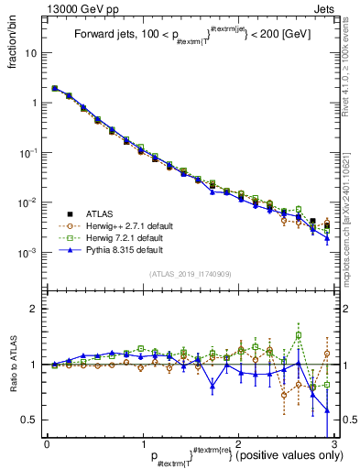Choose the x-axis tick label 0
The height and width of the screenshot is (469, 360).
click(47, 444)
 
